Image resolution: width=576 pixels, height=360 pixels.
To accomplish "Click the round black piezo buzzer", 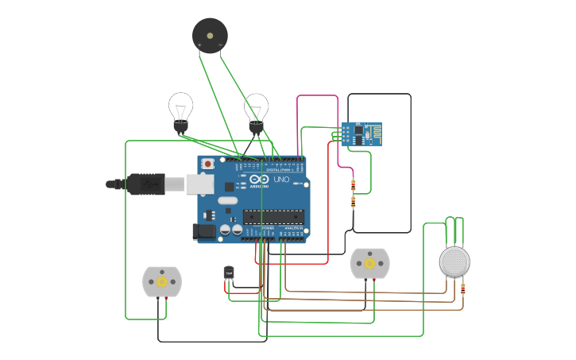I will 210,35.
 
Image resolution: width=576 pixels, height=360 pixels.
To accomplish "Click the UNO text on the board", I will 281,180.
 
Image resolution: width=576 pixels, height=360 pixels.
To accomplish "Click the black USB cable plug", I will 143,184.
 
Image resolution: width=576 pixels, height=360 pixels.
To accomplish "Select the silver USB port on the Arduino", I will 199,184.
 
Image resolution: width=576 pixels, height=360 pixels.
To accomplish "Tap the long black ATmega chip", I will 274,216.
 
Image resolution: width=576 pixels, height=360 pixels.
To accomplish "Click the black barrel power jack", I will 203,231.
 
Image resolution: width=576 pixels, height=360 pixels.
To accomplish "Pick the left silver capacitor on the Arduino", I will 226,229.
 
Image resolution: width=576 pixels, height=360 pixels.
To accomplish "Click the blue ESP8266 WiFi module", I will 361,134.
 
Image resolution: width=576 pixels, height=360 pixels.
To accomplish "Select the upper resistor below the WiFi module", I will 353,185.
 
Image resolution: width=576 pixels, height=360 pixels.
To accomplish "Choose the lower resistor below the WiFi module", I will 353,202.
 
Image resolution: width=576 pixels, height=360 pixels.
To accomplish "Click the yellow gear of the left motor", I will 162,281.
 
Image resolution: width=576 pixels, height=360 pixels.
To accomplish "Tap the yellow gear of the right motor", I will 369,263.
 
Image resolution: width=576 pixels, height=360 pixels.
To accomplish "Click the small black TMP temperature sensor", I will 229,273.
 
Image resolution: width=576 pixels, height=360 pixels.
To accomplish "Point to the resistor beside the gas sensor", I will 463,289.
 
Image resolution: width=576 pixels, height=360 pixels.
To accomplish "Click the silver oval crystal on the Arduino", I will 228,200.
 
